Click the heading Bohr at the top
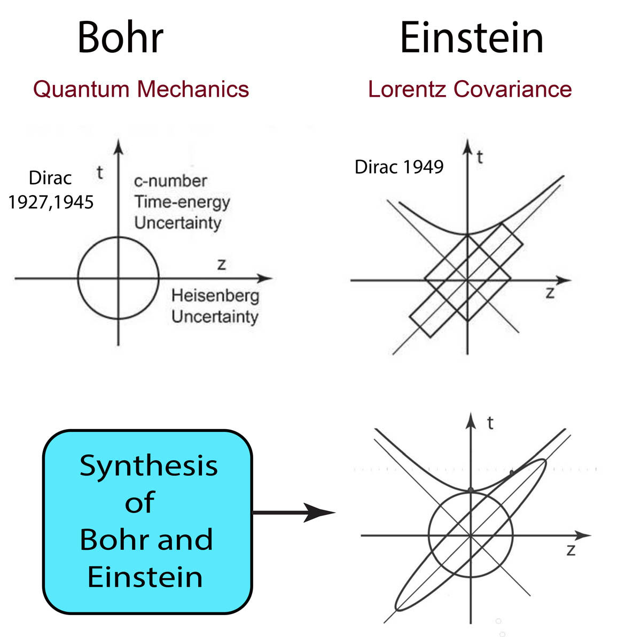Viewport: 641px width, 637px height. coord(120,37)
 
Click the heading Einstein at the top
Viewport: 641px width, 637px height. coord(472,37)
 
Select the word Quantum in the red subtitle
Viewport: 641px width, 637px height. coord(81,90)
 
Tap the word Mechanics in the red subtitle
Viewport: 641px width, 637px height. coord(193,89)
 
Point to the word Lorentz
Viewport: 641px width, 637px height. coord(407,89)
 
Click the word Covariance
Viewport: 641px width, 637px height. coord(513,89)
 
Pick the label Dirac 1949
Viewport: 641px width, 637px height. coord(399,167)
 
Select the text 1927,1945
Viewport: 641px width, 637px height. coord(51,203)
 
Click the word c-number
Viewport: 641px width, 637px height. coord(170,181)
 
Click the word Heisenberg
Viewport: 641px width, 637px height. coord(215,296)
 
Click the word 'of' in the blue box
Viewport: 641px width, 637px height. coord(140,502)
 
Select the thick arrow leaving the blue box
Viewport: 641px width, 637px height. coord(294,512)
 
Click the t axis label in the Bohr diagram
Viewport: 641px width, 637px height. coord(100,173)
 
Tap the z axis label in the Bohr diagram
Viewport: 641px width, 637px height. coord(222,265)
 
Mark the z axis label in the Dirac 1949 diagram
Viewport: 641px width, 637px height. coord(550,293)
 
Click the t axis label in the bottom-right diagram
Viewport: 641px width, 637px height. coord(490,423)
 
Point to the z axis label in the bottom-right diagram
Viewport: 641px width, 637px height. coord(571,550)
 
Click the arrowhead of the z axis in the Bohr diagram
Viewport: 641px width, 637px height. coord(265,278)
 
